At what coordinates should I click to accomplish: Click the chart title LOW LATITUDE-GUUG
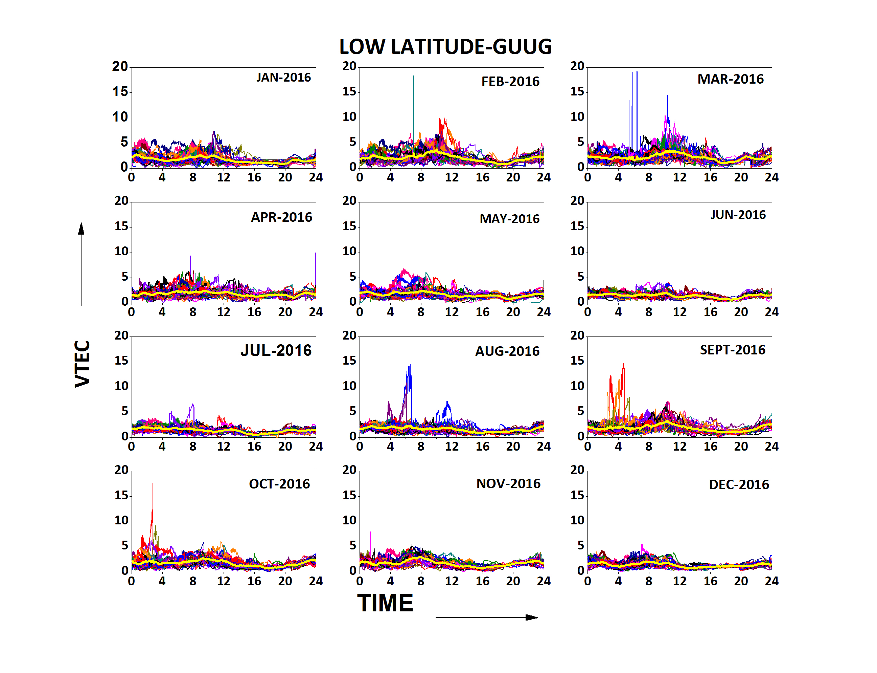[445, 47]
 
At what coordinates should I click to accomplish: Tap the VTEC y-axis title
[83, 364]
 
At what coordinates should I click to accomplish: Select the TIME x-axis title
[385, 603]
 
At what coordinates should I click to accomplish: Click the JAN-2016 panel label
[283, 77]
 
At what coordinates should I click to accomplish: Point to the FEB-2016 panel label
[510, 82]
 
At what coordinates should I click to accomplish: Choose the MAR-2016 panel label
[730, 79]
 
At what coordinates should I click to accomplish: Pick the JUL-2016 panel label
[276, 350]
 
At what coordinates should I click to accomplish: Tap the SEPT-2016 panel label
[732, 350]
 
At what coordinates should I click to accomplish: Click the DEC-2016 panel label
[739, 485]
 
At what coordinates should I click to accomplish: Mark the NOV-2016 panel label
[508, 484]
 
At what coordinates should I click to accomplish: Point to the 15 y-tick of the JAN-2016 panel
[120, 92]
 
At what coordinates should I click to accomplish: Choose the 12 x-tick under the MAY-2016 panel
[452, 312]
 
